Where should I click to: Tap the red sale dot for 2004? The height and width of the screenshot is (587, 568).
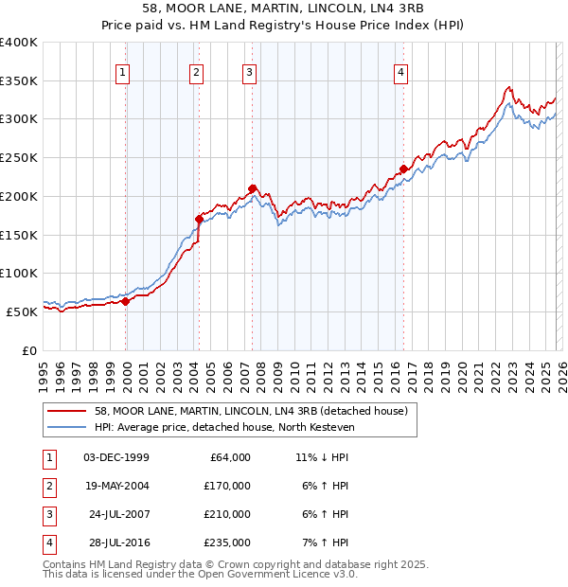[x=199, y=219]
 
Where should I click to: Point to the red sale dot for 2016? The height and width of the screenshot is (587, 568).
[x=403, y=169]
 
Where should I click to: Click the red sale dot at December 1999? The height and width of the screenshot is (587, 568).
[x=126, y=301]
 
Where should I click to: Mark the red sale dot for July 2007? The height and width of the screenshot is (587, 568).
[x=252, y=188]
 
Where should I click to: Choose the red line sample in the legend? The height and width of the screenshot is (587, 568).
[x=66, y=411]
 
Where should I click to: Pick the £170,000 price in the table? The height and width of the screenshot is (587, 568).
[x=227, y=485]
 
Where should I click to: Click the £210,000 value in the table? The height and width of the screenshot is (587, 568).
[x=227, y=514]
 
